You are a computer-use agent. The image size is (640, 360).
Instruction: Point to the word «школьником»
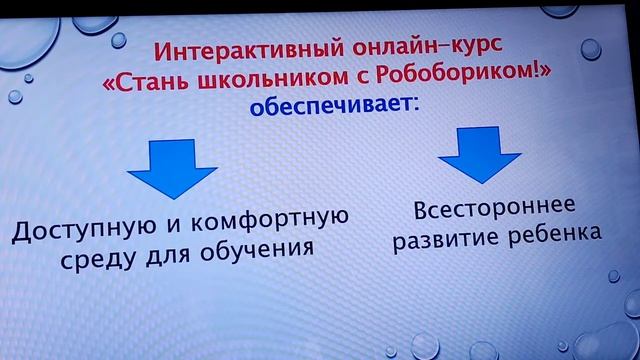coord(245,79)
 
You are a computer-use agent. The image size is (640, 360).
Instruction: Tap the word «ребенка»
coord(551,237)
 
